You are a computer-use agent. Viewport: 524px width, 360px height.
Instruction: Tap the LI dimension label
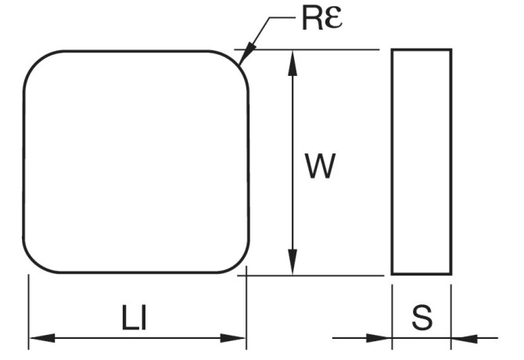pyautogui.click(x=135, y=318)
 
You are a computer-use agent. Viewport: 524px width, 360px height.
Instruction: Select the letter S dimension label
pyautogui.click(x=422, y=318)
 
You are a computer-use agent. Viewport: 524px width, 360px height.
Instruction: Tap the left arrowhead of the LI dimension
pyautogui.click(x=39, y=338)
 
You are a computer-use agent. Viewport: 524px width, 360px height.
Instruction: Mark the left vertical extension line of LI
pyautogui.click(x=29, y=309)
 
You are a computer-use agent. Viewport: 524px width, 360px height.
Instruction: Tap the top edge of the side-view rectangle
pyautogui.click(x=421, y=50)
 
